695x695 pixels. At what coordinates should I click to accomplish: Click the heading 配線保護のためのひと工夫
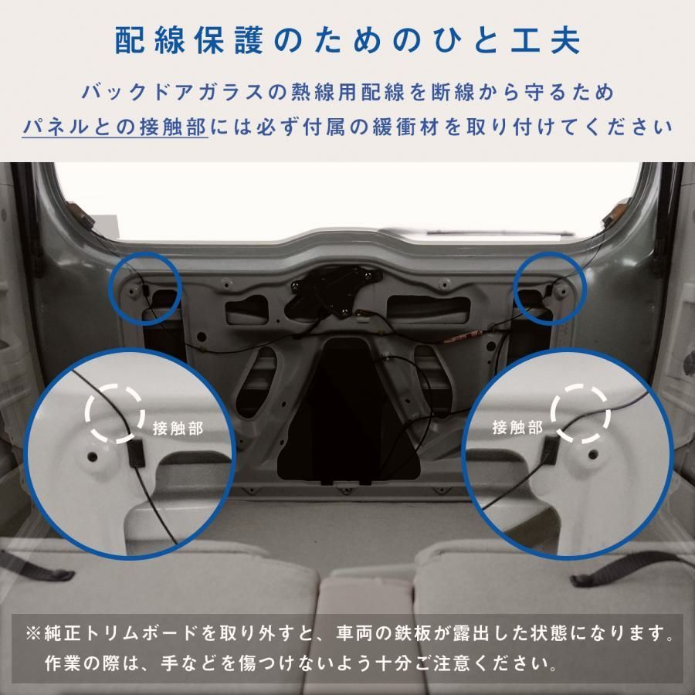tap(347, 41)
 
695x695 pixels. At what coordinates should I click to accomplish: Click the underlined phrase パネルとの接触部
tap(115, 126)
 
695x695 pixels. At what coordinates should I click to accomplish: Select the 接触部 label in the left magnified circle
tap(178, 429)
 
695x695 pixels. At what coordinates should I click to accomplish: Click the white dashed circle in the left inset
tap(114, 413)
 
